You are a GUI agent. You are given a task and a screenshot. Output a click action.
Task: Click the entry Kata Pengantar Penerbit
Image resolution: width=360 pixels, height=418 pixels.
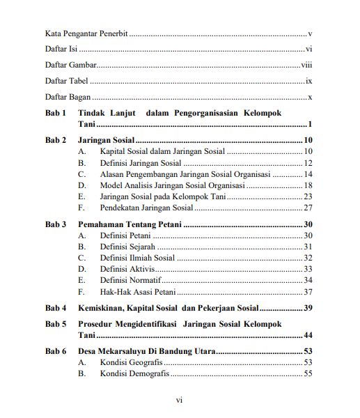click(86, 33)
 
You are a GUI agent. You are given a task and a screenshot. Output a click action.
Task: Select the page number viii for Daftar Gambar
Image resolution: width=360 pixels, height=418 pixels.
click(306, 65)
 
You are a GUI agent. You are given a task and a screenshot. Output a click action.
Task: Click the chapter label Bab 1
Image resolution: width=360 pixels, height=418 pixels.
click(56, 113)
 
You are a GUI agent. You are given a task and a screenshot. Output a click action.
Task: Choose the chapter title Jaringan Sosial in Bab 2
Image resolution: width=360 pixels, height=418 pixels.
click(106, 140)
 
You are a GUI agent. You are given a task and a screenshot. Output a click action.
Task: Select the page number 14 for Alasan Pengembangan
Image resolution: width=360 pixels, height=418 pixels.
click(308, 174)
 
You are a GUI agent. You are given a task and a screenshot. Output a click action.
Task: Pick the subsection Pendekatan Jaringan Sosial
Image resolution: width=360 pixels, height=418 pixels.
click(146, 208)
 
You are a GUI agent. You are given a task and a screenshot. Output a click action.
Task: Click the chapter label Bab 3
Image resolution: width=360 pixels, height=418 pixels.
click(56, 224)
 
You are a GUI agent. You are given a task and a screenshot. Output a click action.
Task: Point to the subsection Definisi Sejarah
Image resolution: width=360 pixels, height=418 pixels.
click(127, 247)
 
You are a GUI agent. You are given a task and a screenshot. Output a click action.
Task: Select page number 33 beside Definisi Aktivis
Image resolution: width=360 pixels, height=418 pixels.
click(308, 269)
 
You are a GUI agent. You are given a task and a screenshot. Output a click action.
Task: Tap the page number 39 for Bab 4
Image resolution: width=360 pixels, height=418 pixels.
click(308, 308)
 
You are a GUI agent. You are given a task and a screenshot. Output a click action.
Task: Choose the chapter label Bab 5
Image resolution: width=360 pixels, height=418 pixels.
click(56, 324)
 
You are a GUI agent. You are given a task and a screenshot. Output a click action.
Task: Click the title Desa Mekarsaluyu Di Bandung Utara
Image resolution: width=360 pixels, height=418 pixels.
click(147, 352)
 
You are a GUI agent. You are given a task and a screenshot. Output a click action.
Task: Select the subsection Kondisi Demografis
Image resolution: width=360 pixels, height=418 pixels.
click(134, 374)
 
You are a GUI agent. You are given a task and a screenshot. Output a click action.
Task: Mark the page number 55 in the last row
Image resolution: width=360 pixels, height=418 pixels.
click(308, 374)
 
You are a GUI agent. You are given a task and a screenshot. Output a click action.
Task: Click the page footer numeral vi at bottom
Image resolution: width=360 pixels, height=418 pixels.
click(179, 401)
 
